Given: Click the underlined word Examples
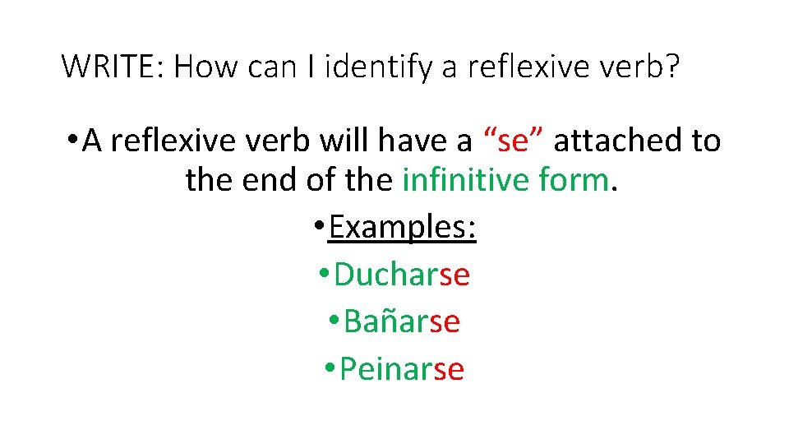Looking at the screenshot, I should coord(403,227).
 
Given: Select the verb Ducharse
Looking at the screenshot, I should coord(402,274).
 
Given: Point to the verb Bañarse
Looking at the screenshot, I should coord(402,321).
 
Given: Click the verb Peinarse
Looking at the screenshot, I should coord(402,369).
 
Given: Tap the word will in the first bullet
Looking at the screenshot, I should coord(345,141).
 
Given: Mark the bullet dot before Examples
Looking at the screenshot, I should coord(320,228).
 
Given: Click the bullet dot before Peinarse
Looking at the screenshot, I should coord(330,370).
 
